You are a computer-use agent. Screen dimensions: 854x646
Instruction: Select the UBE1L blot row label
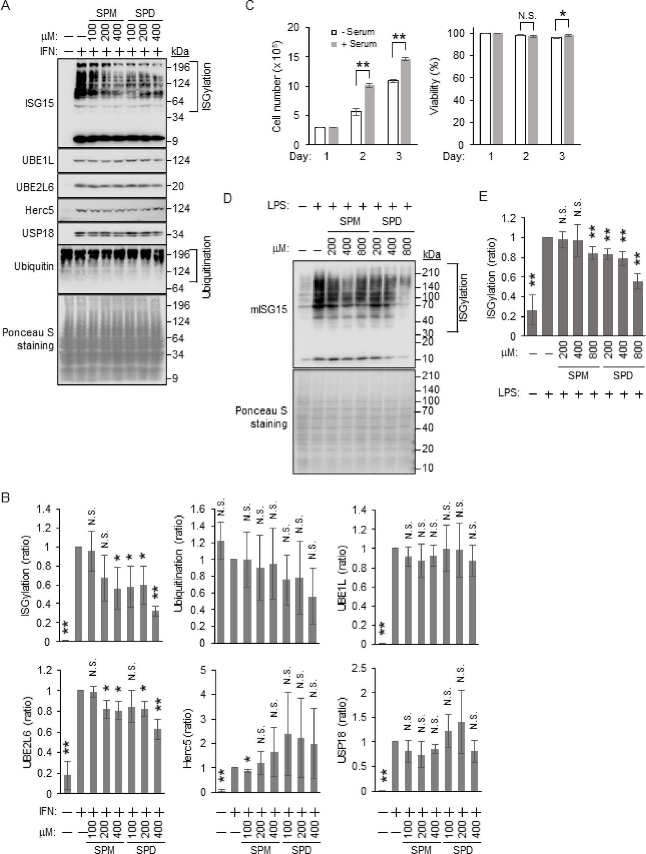point(38,161)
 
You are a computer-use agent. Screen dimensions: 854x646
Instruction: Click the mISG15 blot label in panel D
point(269,309)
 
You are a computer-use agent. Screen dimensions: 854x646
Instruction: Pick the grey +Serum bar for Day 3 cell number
point(405,102)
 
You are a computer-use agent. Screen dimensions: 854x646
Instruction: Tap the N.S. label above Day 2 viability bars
point(527,16)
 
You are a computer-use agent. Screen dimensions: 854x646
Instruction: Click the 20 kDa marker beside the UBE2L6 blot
point(178,186)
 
